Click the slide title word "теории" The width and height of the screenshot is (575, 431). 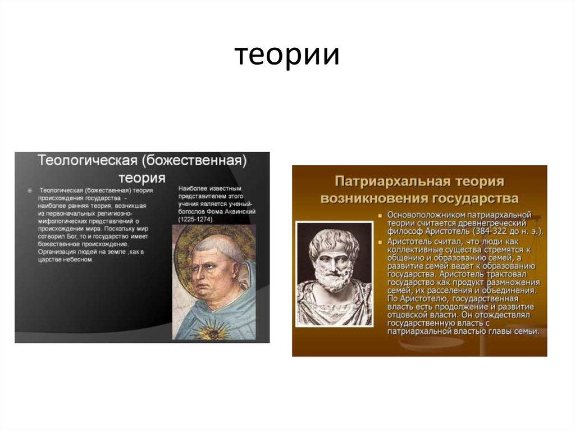pos(287,56)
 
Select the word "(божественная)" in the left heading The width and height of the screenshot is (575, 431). pos(194,161)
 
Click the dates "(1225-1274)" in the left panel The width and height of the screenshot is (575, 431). pos(197,219)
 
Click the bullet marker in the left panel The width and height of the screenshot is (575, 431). pos(30,191)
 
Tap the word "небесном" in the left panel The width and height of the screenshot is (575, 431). pos(81,260)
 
